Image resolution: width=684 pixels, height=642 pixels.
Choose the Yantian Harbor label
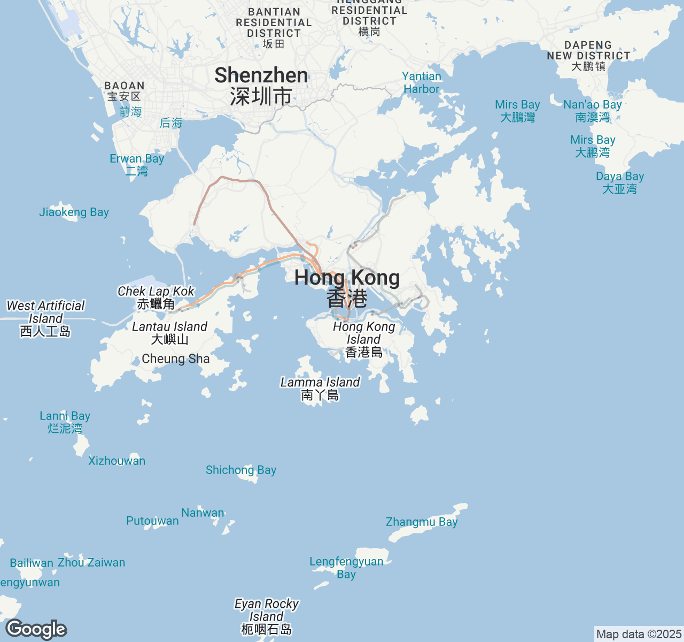point(422,83)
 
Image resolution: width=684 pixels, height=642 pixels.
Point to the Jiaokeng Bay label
point(74,212)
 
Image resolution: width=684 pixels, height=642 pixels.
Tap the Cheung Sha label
point(176,359)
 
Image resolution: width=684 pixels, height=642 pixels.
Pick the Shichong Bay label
point(241,470)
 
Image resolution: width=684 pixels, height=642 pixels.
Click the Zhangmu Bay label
point(422,522)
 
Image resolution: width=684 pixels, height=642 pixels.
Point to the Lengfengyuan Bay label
point(346,568)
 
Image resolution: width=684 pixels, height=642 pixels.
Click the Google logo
point(36,629)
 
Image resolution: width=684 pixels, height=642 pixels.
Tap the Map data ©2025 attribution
point(639,635)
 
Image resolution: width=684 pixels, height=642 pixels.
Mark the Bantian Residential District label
point(274,22)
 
